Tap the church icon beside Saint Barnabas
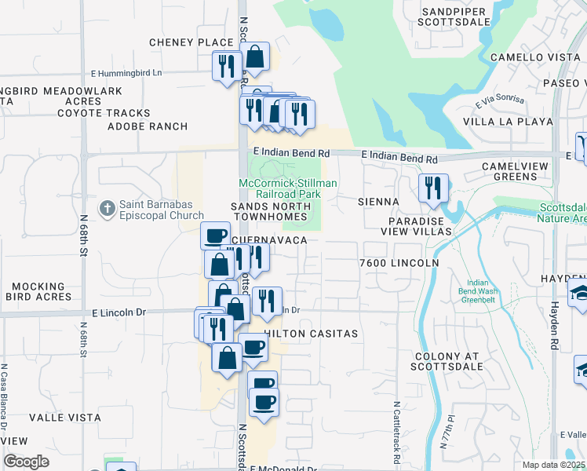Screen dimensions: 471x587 coord(108,208)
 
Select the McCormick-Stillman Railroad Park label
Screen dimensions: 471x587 coord(288,188)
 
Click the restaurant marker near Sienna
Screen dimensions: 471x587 coord(432,189)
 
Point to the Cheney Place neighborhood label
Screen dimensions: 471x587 coord(193,42)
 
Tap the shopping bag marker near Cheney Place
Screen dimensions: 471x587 coord(254,57)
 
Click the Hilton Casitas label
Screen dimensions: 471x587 coord(311,334)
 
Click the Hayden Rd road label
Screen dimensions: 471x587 coord(554,305)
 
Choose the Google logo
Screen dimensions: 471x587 coord(26,462)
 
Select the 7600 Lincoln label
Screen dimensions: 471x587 coord(398,262)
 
